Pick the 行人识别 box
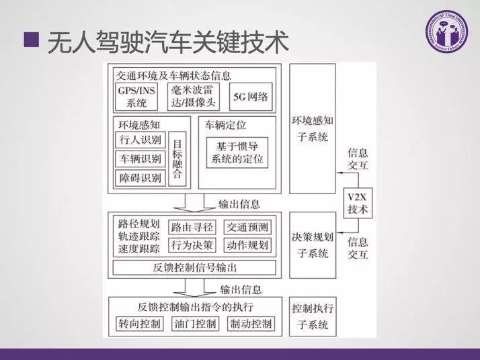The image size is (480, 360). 140,140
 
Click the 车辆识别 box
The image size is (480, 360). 140,159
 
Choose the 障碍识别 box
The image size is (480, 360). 140,178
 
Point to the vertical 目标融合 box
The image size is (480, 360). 177,159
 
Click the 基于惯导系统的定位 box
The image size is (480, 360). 237,154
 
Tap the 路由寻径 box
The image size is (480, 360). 192,227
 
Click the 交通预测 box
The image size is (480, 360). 247,227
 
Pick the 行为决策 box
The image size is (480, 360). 192,244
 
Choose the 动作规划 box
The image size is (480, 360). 247,244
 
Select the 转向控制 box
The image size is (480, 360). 139,324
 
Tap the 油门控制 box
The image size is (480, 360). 195,324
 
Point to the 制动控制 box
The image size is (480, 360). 250,324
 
